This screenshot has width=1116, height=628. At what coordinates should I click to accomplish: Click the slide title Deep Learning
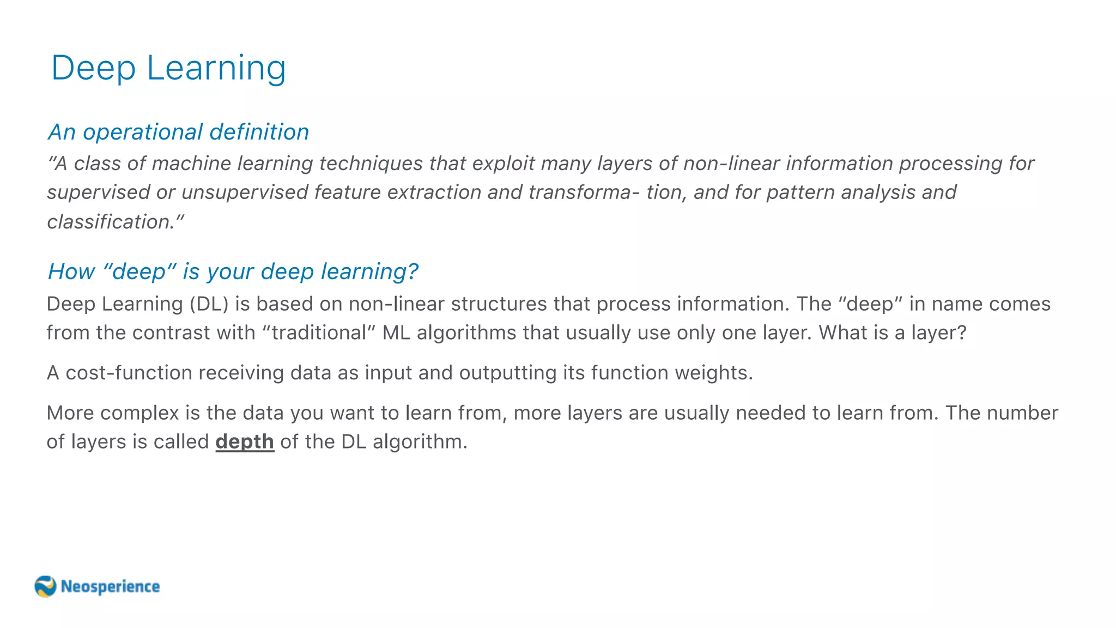click(168, 68)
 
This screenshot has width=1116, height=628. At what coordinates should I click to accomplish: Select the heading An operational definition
click(178, 132)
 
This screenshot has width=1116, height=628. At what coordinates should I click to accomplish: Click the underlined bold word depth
click(245, 442)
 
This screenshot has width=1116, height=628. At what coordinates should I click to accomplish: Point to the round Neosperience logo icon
click(45, 587)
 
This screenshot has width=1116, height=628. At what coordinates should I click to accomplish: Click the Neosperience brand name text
click(110, 587)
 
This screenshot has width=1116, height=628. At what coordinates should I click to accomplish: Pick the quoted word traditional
click(319, 333)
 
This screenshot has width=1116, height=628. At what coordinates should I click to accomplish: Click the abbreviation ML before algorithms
click(396, 333)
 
